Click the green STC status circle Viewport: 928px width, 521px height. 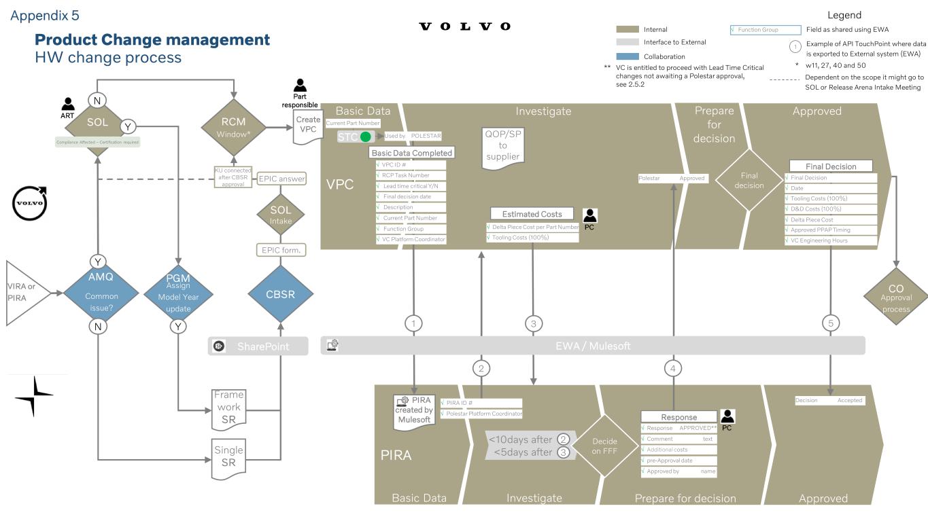click(366, 137)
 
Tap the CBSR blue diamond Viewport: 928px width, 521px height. click(281, 295)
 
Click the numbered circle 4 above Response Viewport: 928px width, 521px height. click(673, 369)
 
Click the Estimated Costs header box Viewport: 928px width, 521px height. click(532, 214)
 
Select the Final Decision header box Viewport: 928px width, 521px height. click(831, 166)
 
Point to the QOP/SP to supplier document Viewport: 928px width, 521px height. click(502, 145)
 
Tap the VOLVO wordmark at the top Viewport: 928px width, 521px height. click(465, 26)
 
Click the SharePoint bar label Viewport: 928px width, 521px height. click(262, 346)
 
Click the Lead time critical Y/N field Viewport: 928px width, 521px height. click(411, 185)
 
